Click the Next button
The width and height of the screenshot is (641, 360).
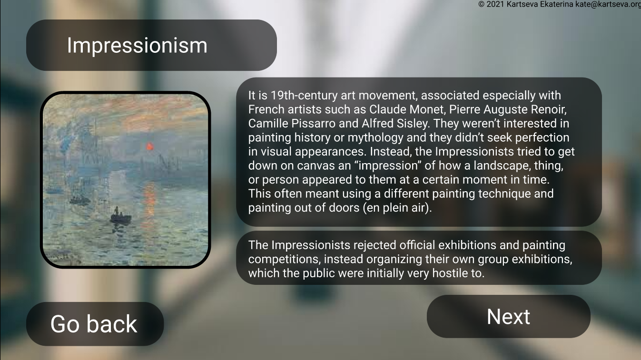(508, 317)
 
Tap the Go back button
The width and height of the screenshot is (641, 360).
(94, 324)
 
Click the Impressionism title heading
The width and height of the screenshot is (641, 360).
(137, 45)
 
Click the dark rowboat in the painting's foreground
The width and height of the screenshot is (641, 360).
(120, 218)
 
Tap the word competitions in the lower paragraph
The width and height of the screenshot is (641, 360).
(283, 259)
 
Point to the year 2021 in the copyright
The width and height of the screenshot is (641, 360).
(495, 4)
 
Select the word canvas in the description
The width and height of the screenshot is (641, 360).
(315, 166)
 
